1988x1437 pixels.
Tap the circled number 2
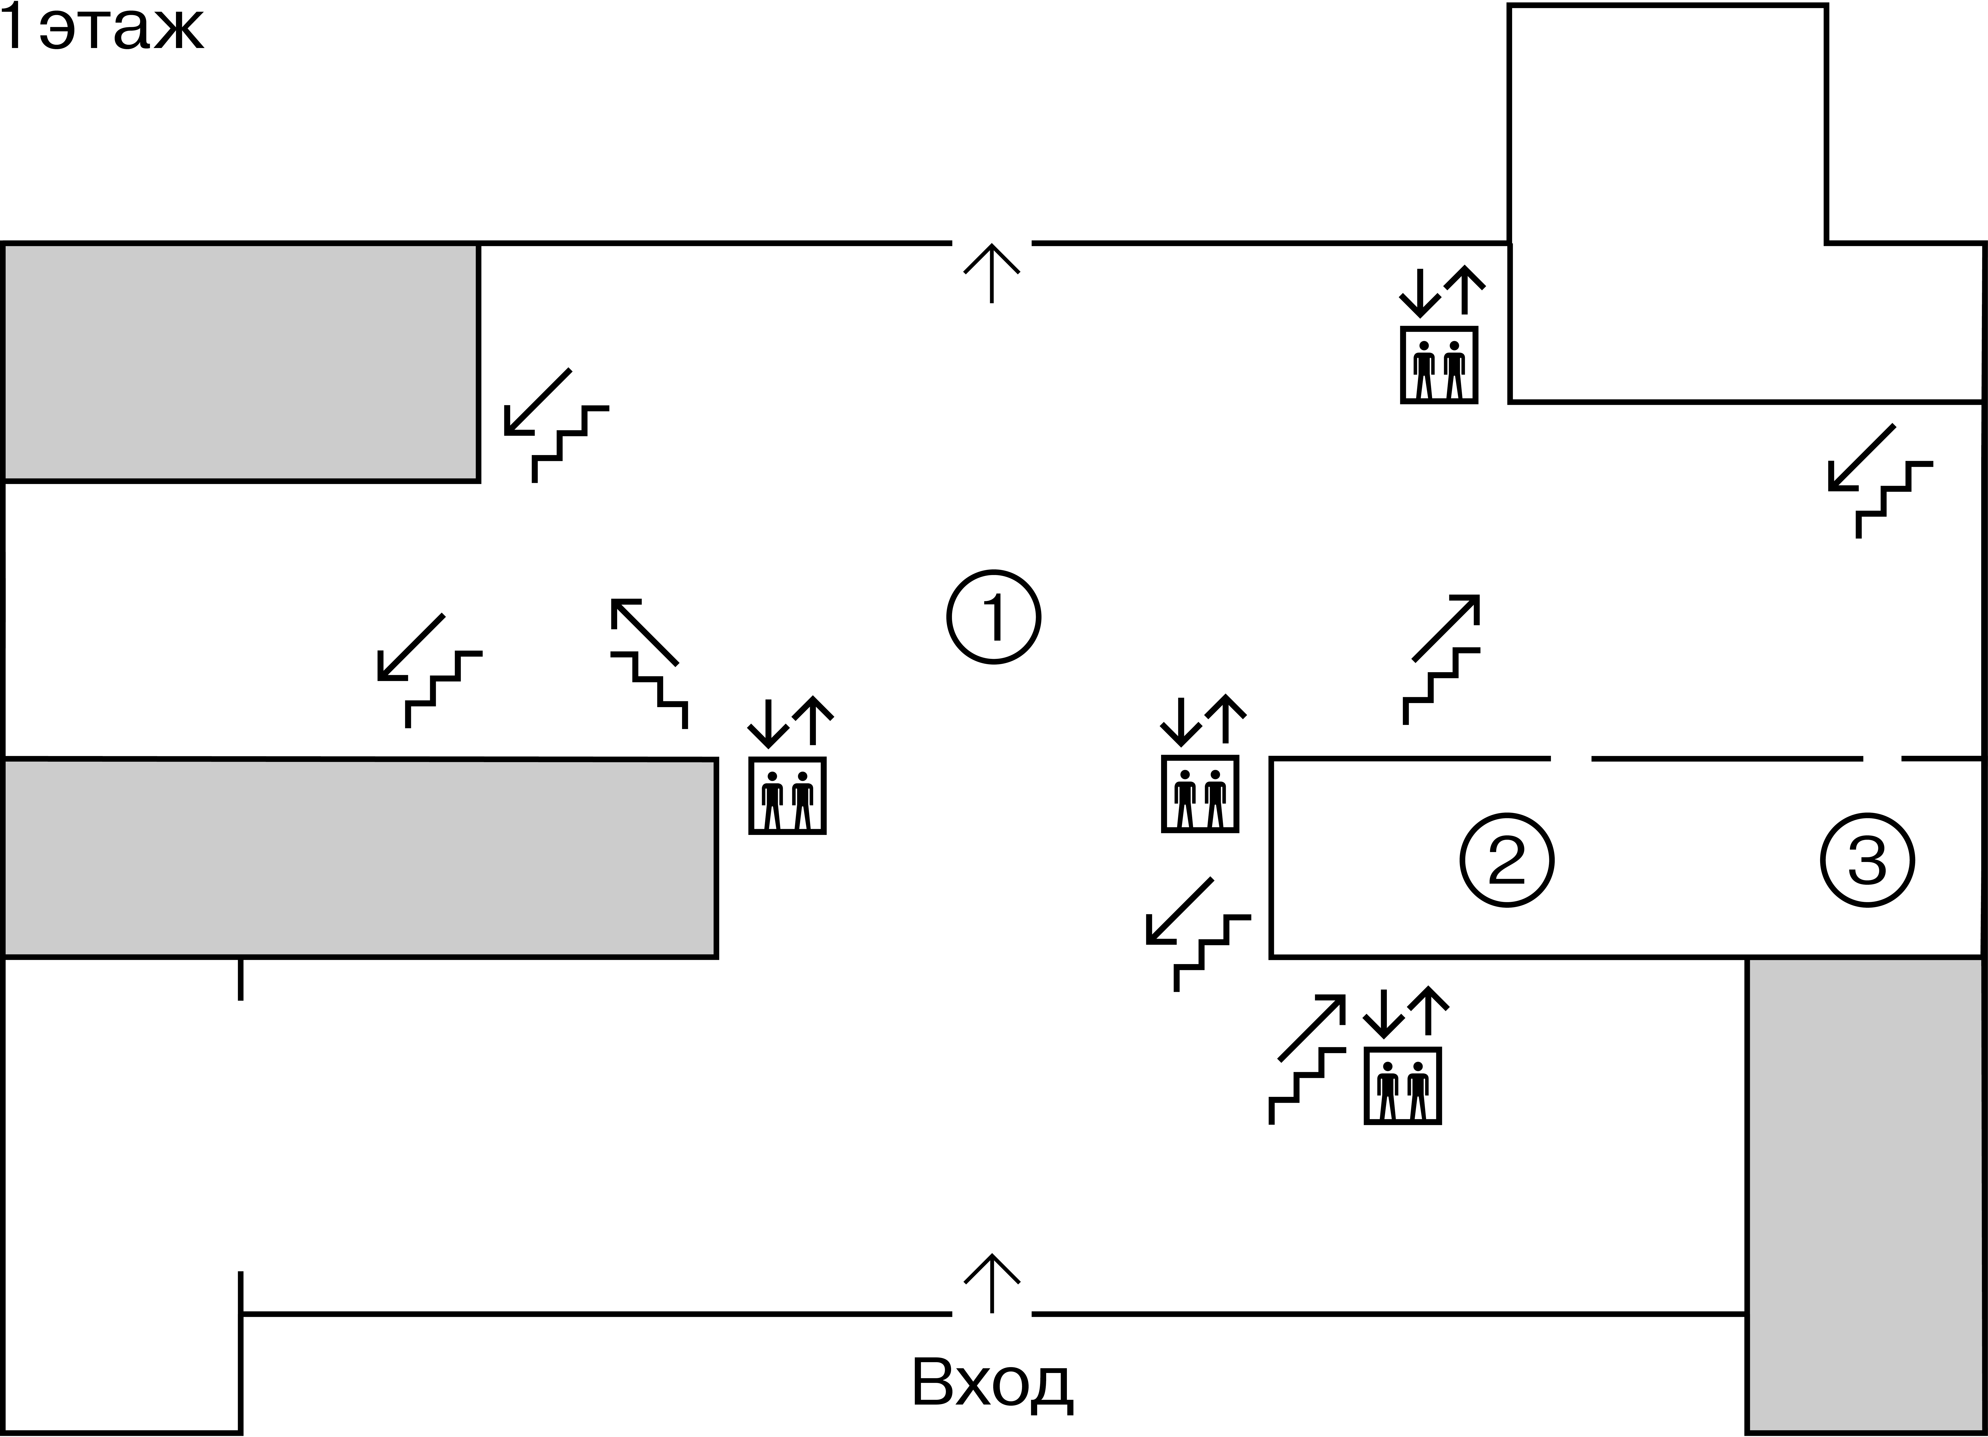click(1507, 860)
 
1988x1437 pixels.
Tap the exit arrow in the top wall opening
click(992, 273)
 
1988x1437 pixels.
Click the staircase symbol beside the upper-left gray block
click(557, 425)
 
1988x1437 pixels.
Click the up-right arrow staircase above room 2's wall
click(1442, 659)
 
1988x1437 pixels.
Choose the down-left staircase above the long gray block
click(430, 671)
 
